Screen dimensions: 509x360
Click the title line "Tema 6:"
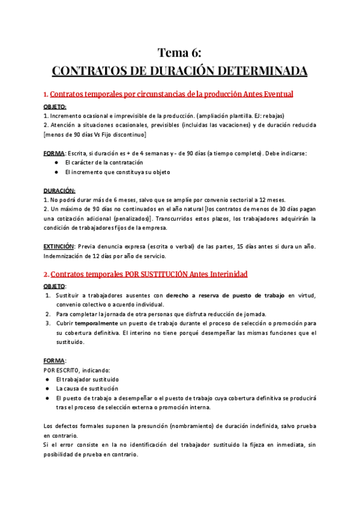(x=179, y=53)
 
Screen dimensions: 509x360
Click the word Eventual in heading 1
(x=275, y=94)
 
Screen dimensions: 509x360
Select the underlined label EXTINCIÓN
(x=59, y=246)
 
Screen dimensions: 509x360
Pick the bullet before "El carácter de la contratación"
(x=56, y=163)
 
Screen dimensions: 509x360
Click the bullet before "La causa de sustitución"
(x=47, y=388)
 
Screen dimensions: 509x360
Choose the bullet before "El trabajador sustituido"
(x=47, y=379)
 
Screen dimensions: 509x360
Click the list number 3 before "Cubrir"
(x=48, y=323)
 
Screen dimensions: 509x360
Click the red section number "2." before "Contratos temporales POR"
(x=46, y=274)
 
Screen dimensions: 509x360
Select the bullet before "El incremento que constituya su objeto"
(x=56, y=172)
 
